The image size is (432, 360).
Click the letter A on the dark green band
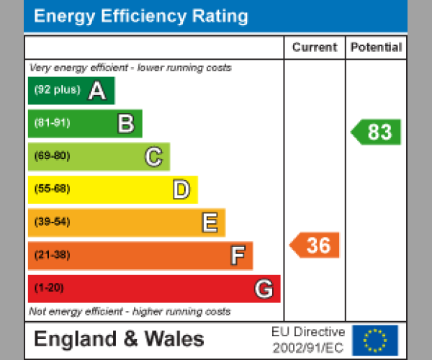tap(97, 91)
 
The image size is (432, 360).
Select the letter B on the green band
tap(126, 124)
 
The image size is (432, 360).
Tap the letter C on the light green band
tap(153, 156)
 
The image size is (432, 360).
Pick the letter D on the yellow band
tap(181, 189)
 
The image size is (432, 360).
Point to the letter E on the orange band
tap(210, 222)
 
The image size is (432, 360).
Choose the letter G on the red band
tap(264, 289)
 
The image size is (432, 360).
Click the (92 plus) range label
tap(57, 91)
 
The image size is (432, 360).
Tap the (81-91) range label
tap(52, 123)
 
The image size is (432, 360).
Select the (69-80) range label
tap(52, 156)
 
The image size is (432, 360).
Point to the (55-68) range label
tap(52, 189)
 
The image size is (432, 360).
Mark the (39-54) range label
tap(52, 222)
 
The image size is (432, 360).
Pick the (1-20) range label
tap(49, 289)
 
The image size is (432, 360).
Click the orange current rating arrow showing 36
tap(315, 246)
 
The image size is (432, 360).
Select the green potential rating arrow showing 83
tap(377, 132)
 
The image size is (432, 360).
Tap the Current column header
tap(315, 48)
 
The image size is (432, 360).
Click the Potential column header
tap(376, 48)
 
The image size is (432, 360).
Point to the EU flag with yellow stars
tap(374, 340)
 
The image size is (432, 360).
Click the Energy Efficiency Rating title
tap(141, 17)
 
